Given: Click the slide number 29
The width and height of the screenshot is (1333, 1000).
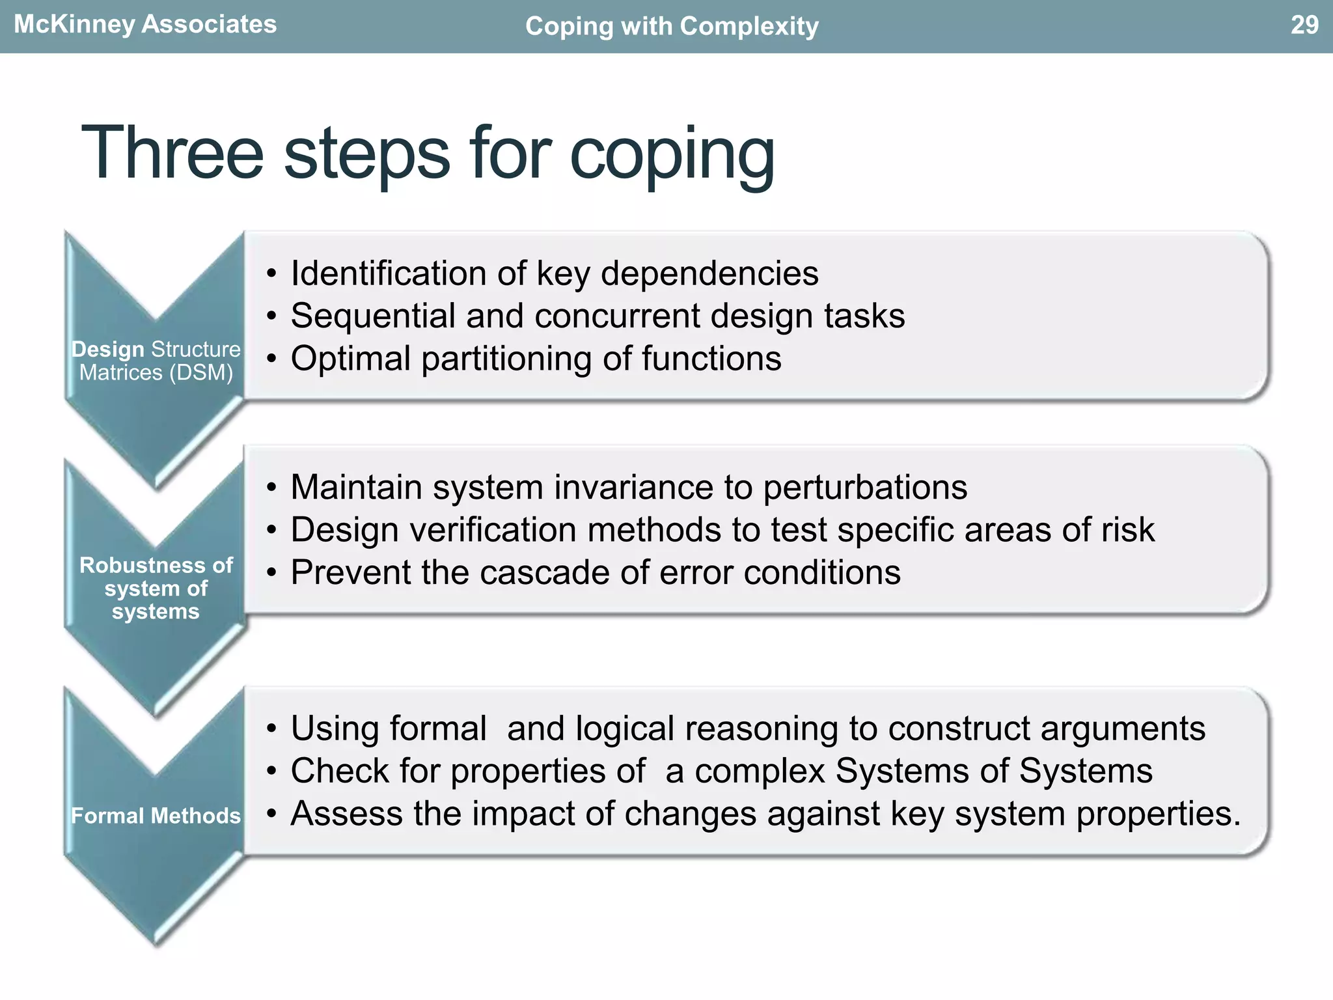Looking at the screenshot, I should pos(1304,25).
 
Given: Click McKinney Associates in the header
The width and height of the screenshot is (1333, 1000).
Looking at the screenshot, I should pos(145,25).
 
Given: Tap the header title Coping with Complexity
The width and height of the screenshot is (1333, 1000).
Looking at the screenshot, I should pos(671,27).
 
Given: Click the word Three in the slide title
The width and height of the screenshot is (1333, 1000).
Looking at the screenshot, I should pos(172,153).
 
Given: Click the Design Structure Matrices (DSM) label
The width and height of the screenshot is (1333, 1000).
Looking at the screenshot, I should pos(156,361).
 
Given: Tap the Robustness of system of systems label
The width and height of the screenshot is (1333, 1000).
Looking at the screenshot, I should pos(156,588).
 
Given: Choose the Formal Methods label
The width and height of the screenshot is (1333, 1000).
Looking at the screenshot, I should pos(156,816).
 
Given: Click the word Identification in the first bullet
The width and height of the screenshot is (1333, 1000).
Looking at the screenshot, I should pos(389,273).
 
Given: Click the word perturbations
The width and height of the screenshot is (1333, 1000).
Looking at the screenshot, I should pos(865,487).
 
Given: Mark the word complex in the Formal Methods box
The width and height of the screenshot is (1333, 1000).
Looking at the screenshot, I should pos(760,771).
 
